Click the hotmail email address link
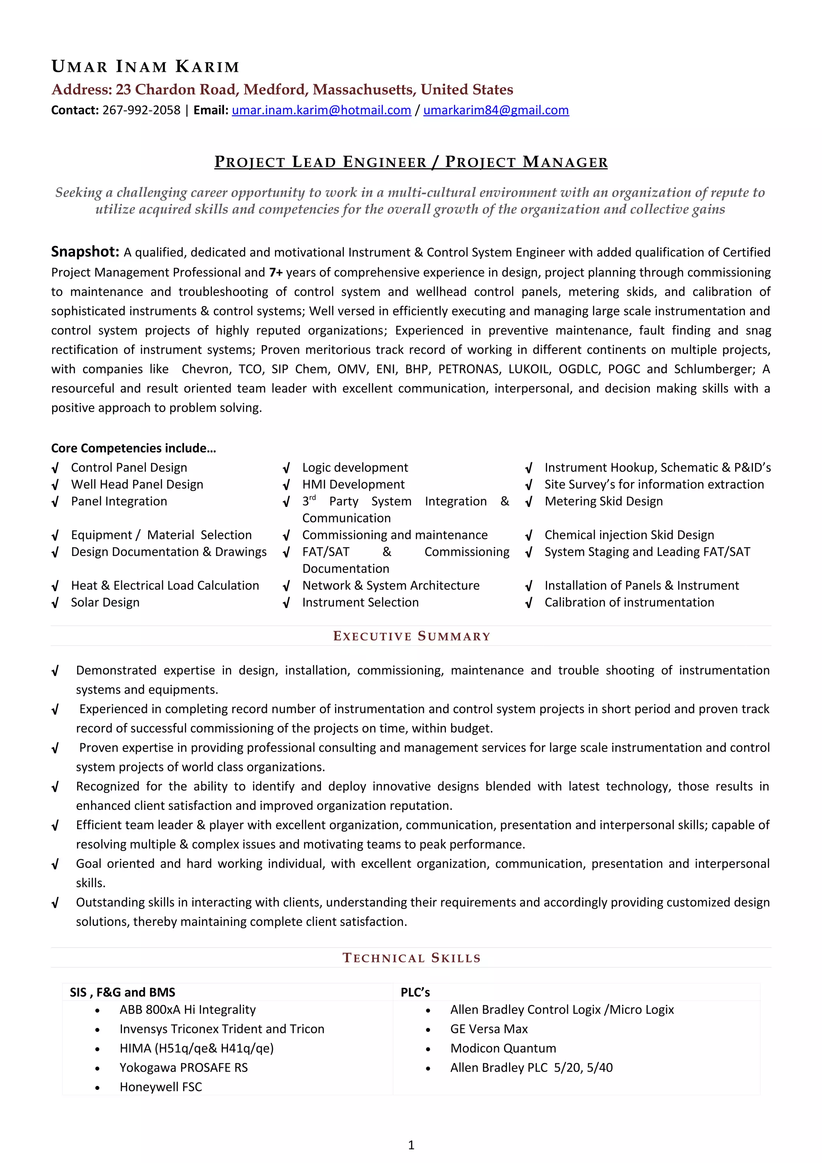(x=321, y=110)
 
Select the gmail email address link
(x=496, y=110)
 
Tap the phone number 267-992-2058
(x=141, y=110)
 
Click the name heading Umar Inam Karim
(x=145, y=66)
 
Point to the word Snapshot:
(x=85, y=252)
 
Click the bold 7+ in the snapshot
(x=275, y=272)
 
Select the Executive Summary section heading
(x=411, y=636)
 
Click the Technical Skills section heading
(x=411, y=958)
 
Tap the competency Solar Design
(x=105, y=602)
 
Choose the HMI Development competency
(x=353, y=485)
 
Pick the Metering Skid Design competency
(x=603, y=502)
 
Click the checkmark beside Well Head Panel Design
(x=55, y=485)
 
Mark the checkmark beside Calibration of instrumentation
(x=529, y=603)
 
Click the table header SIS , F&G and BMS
(x=122, y=992)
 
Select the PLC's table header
(x=415, y=992)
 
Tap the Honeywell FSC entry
(x=161, y=1087)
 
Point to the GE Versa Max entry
(x=489, y=1029)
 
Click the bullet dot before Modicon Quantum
(x=428, y=1049)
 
